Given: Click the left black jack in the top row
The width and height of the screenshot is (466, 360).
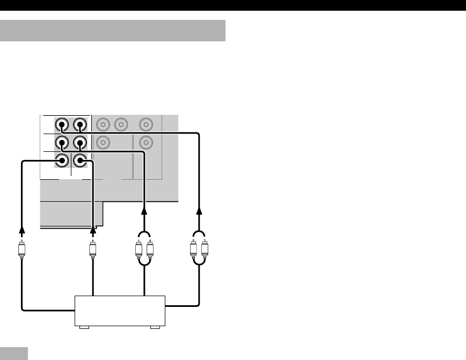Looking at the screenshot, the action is coord(63,126).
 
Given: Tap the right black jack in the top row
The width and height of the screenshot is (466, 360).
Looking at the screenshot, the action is coord(79,126).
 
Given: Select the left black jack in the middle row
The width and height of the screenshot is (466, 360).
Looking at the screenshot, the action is coord(63,143).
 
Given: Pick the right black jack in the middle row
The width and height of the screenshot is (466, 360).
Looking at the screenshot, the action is coord(79,143).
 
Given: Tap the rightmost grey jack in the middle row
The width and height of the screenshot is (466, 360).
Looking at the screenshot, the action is coord(145,143).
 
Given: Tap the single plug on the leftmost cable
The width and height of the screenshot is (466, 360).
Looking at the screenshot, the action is coord(22,250).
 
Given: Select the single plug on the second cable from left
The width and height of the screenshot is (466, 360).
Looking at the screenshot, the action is coord(93,250).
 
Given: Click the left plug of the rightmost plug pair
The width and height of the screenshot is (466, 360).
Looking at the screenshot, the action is coord(194,250).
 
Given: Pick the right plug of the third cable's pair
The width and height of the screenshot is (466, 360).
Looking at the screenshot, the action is coord(150,250).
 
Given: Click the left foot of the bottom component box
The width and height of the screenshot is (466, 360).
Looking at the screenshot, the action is coord(83,327).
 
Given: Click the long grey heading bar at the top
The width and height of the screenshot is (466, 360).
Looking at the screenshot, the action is coord(113,31).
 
